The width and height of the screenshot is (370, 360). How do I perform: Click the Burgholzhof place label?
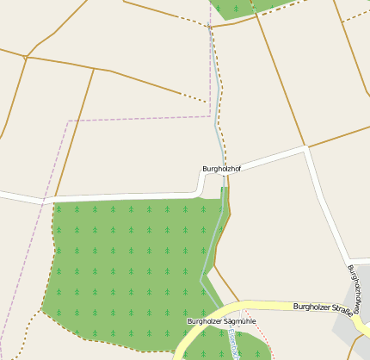(221, 169)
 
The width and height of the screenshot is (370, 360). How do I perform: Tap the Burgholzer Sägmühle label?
(222, 321)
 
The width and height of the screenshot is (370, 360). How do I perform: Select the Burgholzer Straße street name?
(324, 307)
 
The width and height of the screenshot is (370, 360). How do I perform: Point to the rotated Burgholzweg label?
(356, 283)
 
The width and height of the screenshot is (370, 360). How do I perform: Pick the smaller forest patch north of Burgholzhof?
(245, 7)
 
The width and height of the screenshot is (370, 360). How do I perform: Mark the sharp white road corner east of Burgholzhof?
(306, 149)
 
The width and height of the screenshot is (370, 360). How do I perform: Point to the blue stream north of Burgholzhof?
(217, 103)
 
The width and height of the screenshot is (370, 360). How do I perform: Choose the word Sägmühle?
(240, 321)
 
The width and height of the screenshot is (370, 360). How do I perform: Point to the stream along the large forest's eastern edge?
(212, 250)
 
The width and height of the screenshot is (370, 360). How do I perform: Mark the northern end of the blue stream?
(209, 28)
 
